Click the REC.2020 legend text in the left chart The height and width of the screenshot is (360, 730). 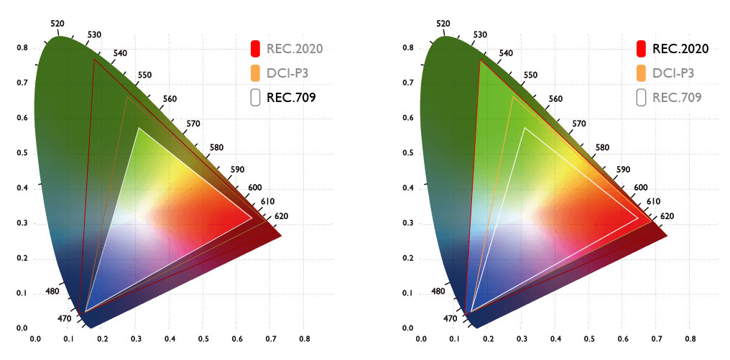294,49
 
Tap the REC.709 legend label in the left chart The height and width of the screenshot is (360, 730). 291,96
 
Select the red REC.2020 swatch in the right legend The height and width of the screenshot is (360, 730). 640,49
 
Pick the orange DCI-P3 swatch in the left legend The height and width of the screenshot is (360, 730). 254,73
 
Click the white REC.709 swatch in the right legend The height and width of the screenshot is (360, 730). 640,96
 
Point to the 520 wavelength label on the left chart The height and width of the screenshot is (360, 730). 57,24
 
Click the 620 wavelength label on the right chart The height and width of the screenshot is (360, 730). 667,216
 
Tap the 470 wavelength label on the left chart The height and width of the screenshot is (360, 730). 63,318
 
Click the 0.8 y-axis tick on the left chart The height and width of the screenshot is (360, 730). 22,48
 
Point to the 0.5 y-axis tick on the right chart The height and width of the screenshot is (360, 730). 409,154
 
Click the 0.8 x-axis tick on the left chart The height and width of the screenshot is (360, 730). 305,337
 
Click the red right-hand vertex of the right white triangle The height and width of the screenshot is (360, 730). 638,217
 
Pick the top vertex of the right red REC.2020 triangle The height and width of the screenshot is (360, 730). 481,60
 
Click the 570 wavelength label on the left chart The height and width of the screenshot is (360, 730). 193,124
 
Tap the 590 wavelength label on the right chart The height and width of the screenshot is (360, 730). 624,170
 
